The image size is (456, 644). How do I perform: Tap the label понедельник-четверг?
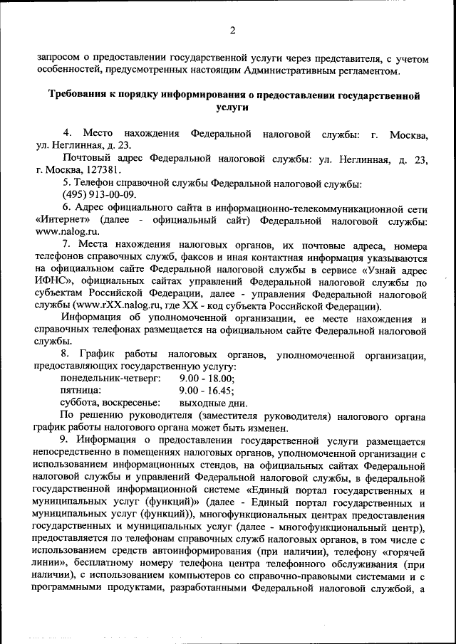click(110, 379)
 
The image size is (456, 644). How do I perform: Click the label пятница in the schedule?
click(81, 391)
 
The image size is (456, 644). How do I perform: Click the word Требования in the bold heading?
click(81, 95)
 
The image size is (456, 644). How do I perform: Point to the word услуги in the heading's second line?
click(230, 107)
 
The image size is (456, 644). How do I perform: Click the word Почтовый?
click(85, 159)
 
